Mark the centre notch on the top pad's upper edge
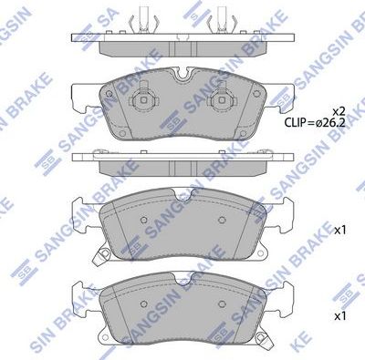click(182, 74)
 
